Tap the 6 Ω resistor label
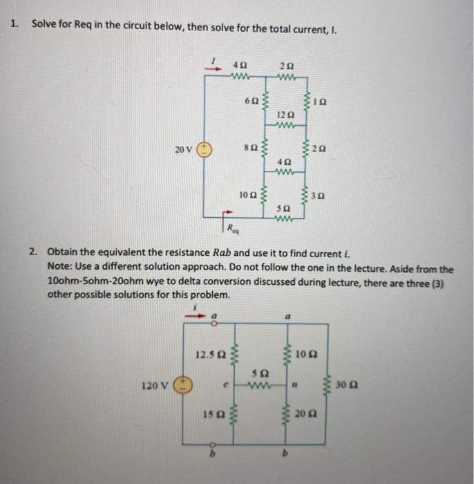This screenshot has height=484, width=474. (251, 101)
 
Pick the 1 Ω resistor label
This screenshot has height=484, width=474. (320, 101)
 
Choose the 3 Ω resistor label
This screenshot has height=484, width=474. (320, 197)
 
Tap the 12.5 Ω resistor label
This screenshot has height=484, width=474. (209, 356)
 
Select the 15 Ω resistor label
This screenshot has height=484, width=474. (211, 415)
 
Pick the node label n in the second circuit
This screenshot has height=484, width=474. (295, 384)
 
